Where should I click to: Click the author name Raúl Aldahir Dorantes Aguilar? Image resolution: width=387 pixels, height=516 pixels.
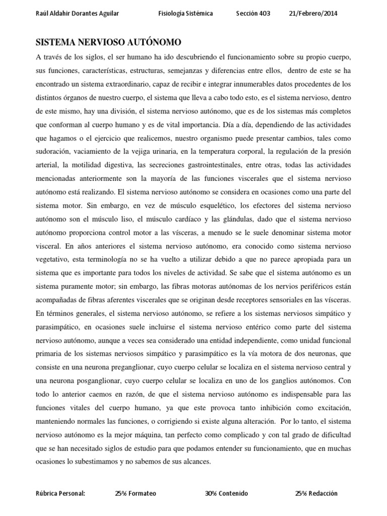[78, 14]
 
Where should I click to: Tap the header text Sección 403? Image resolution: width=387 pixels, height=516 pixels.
[253, 14]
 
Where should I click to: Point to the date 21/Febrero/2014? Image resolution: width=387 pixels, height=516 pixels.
[312, 14]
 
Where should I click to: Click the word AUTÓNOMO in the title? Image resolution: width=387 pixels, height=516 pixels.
[154, 42]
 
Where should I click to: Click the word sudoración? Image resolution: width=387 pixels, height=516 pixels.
[55, 138]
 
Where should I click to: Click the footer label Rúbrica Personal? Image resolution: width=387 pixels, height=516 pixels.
[61, 493]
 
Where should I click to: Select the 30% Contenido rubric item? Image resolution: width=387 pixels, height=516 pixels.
[226, 493]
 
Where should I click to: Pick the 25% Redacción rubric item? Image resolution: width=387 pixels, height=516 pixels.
[316, 493]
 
